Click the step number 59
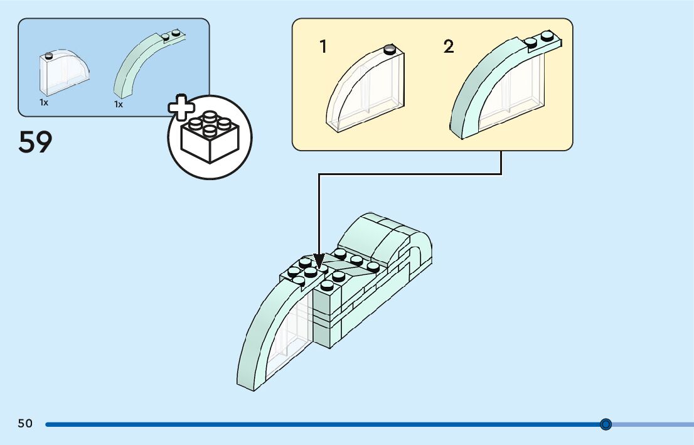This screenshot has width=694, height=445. pyautogui.click(x=35, y=142)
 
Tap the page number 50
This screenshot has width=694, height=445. pyautogui.click(x=25, y=424)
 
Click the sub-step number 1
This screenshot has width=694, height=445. pyautogui.click(x=323, y=46)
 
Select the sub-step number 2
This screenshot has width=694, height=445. pyautogui.click(x=448, y=46)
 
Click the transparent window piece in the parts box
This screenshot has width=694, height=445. pyautogui.click(x=63, y=69)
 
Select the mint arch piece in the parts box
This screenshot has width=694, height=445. pyautogui.click(x=141, y=66)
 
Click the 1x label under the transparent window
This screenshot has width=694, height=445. pyautogui.click(x=44, y=102)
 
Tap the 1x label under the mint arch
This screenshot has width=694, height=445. pyautogui.click(x=119, y=104)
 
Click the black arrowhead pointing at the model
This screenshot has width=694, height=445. pyautogui.click(x=319, y=260)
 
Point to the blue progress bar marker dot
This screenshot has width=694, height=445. pyautogui.click(x=606, y=424)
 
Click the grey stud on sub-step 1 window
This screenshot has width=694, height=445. pyautogui.click(x=390, y=48)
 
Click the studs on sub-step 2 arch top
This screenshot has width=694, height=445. pyautogui.click(x=540, y=40)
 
